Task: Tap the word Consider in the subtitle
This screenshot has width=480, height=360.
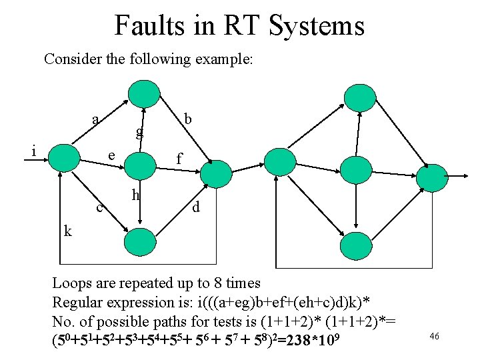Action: (x=69, y=59)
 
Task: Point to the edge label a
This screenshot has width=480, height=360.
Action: (x=96, y=120)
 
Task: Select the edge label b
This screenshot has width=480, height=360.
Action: (x=188, y=119)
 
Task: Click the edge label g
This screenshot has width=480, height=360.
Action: (x=139, y=133)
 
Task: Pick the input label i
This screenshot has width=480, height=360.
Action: (x=33, y=151)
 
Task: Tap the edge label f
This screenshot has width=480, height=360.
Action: (x=178, y=159)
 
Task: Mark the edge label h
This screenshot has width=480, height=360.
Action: (x=135, y=195)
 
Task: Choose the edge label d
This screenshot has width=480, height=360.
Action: (x=195, y=207)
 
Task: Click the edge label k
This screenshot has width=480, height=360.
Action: (x=67, y=231)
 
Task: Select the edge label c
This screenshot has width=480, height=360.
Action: (x=99, y=207)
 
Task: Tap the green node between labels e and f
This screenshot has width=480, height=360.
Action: (x=139, y=163)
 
